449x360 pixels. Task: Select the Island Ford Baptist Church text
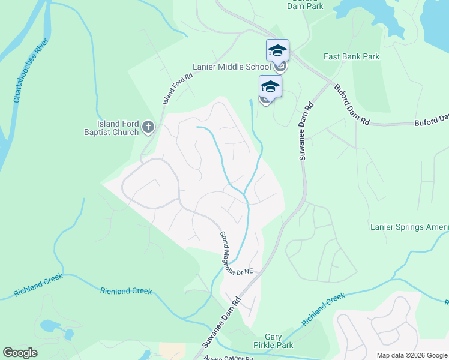pyautogui.click(x=113, y=128)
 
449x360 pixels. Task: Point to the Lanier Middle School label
pyautogui.click(x=231, y=67)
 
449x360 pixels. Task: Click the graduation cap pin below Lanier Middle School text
pyautogui.click(x=270, y=88)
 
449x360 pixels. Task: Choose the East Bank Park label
pyautogui.click(x=351, y=57)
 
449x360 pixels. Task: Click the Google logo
pyautogui.click(x=20, y=353)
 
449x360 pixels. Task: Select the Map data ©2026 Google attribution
pyautogui.click(x=411, y=355)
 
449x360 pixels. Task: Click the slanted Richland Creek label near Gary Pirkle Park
pyautogui.click(x=324, y=308)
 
